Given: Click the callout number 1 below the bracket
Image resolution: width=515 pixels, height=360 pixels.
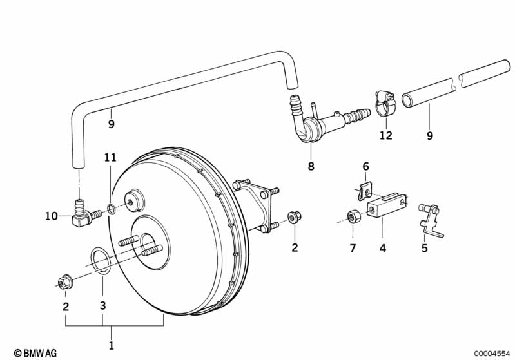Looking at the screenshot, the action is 112,346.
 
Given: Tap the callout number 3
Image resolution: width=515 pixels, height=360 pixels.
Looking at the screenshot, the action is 102,305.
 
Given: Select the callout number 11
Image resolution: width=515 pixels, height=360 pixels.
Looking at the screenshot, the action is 111,158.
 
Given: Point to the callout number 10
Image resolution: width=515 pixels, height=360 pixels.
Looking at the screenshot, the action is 52,216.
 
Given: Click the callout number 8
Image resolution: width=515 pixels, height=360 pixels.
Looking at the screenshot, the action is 311,166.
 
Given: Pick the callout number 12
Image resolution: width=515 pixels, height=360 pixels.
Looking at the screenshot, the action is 386,135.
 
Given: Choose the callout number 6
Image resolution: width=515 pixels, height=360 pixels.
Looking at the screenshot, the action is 366,166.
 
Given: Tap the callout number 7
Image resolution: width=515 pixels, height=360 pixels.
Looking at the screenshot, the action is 353,248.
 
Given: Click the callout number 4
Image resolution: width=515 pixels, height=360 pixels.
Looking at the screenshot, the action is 383,248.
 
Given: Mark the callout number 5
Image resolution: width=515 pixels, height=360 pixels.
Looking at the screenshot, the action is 425,248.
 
